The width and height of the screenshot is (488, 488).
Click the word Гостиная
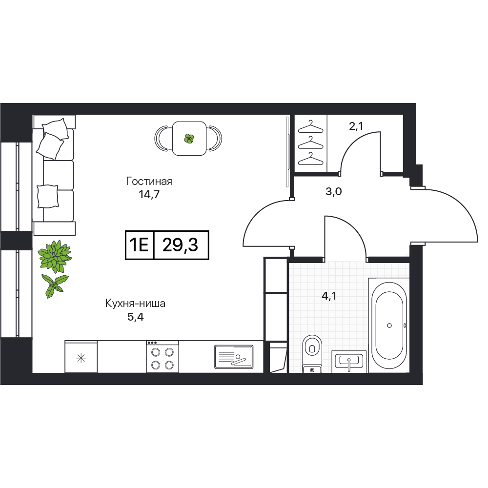[149, 181]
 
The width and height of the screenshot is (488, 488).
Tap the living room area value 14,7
[149, 195]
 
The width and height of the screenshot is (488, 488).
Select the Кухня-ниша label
[135, 303]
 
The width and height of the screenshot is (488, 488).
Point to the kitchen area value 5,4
[135, 317]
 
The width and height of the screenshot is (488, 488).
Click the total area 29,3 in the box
[180, 245]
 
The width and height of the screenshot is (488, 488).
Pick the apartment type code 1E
[139, 245]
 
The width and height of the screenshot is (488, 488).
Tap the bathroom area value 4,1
[329, 296]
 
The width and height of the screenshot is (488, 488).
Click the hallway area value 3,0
[334, 191]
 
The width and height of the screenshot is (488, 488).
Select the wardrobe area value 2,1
[356, 126]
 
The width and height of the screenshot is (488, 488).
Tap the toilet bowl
[312, 353]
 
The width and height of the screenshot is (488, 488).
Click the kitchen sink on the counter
[234, 356]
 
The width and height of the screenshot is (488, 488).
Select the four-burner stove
[163, 356]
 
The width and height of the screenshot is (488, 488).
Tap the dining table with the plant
[189, 138]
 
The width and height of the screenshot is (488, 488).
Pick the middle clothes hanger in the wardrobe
[310, 143]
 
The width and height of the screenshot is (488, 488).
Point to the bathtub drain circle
[389, 325]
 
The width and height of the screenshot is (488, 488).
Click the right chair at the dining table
[215, 138]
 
